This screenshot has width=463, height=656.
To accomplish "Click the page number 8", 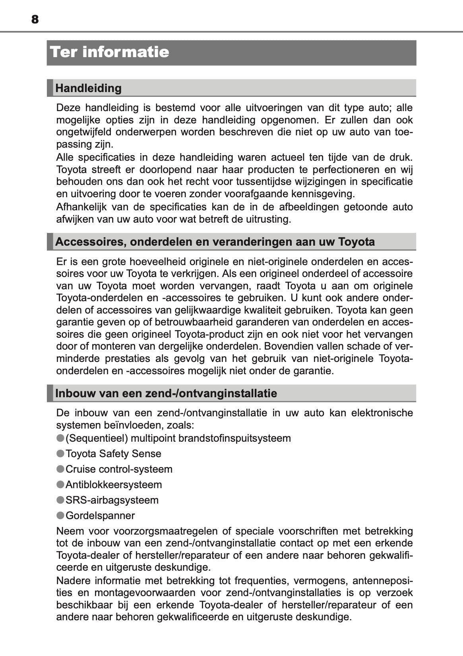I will (35, 19).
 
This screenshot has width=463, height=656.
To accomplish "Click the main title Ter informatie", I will (110, 52).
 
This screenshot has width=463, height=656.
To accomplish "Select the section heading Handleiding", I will (88, 88).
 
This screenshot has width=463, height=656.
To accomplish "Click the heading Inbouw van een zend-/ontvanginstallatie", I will (166, 393).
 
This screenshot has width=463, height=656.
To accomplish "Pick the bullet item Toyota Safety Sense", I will (113, 454).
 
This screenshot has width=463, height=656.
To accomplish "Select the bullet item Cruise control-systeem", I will (119, 469).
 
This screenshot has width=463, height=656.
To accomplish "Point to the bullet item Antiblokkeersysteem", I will (114, 485).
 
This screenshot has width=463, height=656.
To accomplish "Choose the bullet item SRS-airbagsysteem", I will (112, 500).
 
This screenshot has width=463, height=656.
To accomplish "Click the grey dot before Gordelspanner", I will (60, 515).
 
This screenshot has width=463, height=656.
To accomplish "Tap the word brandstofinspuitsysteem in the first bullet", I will (234, 438).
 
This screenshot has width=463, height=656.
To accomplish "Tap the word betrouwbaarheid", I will (194, 322).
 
